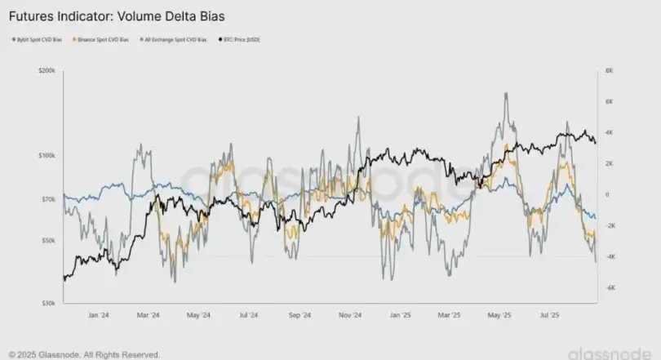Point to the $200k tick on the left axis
(46, 71)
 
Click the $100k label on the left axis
(46, 155)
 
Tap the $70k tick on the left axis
(47, 199)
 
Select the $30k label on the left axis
(47, 303)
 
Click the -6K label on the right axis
(609, 288)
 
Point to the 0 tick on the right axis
(606, 195)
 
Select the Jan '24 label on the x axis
(98, 314)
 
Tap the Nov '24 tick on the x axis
(350, 314)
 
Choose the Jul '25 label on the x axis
(551, 314)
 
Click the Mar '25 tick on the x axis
(450, 314)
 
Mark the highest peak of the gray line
(507, 93)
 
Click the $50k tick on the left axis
(47, 241)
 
